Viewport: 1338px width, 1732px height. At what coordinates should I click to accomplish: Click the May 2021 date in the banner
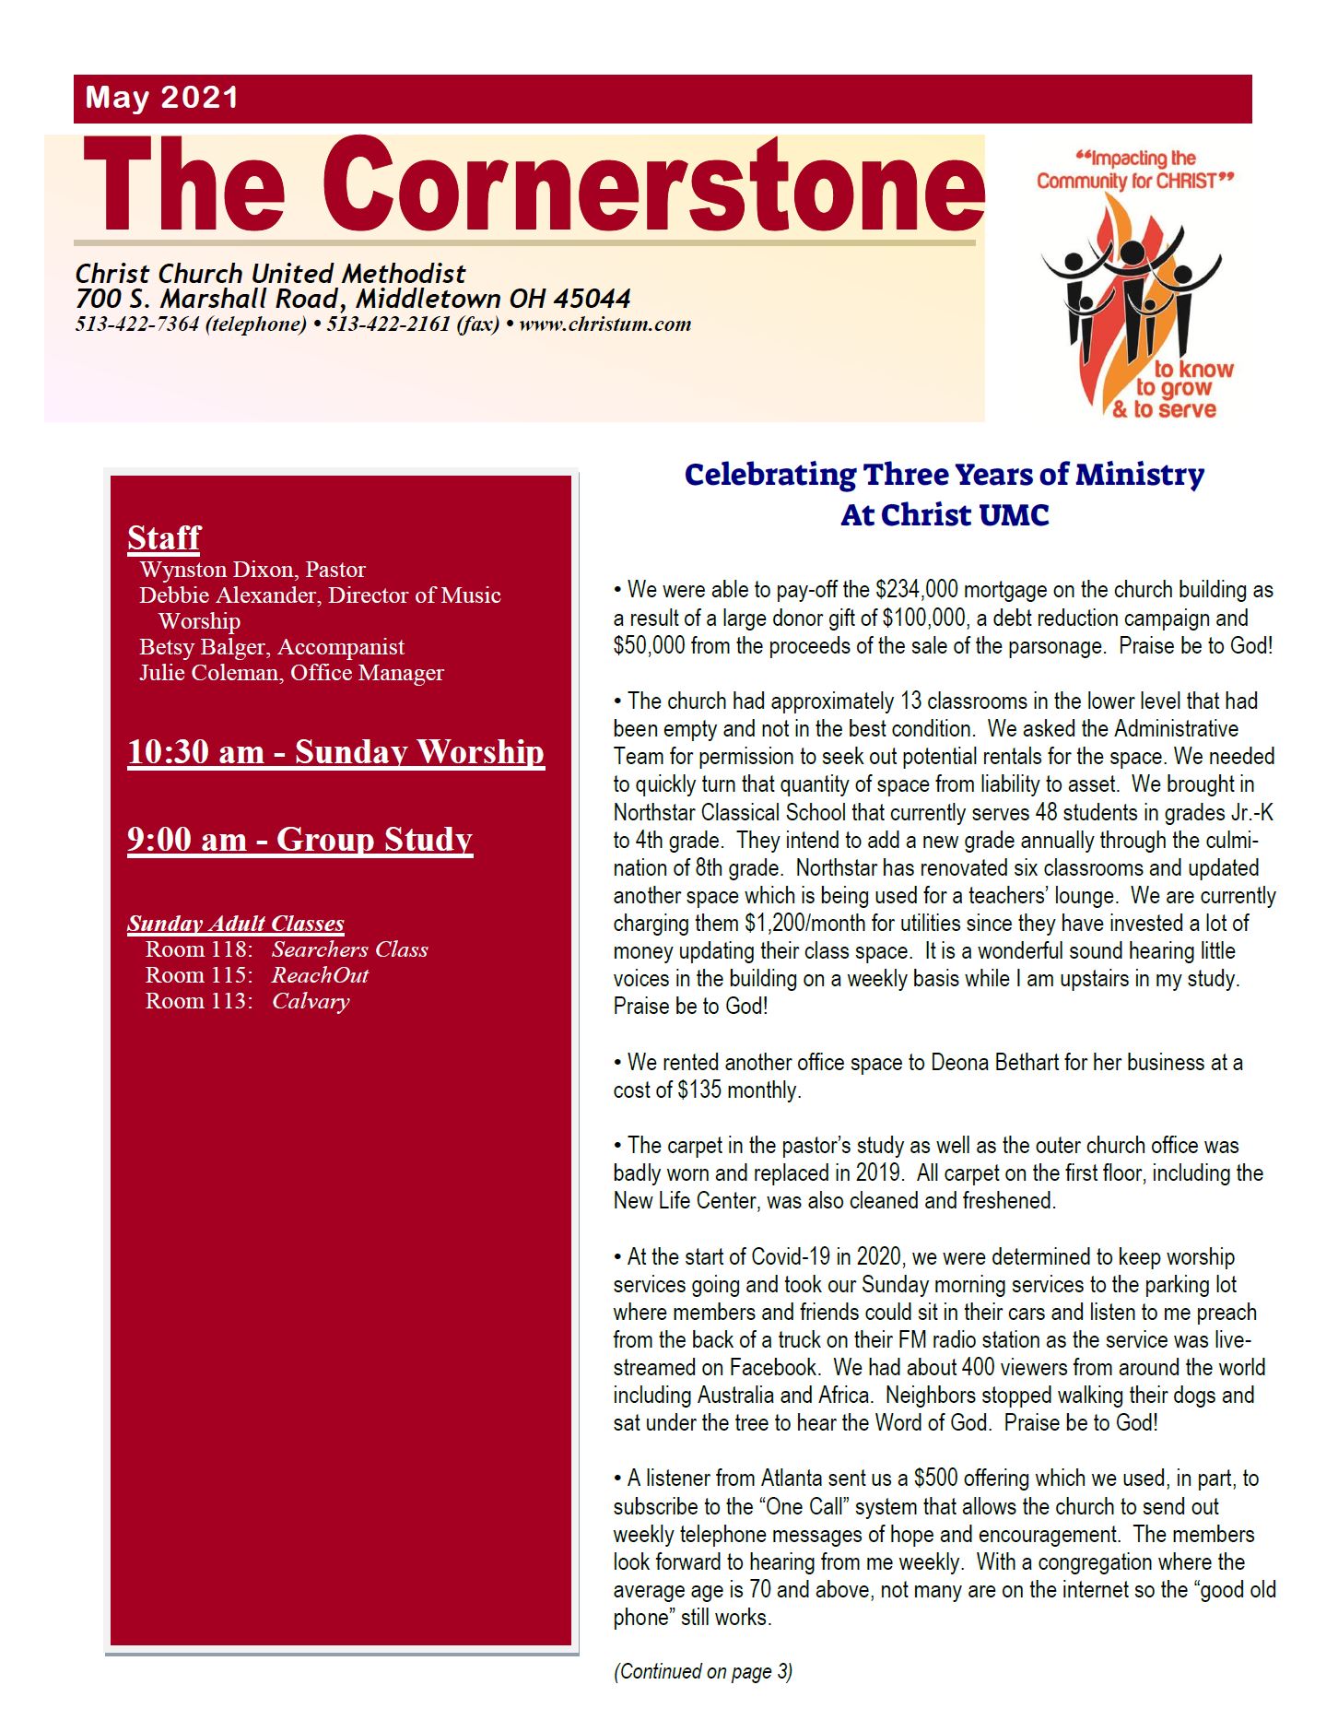162,98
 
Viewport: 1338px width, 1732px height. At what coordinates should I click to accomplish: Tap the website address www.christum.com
604,324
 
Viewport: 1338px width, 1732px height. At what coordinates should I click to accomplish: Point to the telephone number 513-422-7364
136,324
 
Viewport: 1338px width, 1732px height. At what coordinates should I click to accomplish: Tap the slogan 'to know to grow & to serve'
1173,389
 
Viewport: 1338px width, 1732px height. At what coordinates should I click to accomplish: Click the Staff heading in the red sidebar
164,537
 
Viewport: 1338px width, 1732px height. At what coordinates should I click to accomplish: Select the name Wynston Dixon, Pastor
252,570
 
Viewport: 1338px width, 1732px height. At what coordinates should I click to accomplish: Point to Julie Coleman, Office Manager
291,673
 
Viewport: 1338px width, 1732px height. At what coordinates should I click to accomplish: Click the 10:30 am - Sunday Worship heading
335,752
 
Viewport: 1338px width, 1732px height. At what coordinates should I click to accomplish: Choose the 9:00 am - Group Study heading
299,840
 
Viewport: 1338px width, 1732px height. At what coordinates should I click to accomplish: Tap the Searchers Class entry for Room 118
349,949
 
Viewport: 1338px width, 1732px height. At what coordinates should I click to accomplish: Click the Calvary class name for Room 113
311,1001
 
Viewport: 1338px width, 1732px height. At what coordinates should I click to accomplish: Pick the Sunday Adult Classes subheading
236,924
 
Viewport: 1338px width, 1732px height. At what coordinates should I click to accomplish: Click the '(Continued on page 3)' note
703,1671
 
